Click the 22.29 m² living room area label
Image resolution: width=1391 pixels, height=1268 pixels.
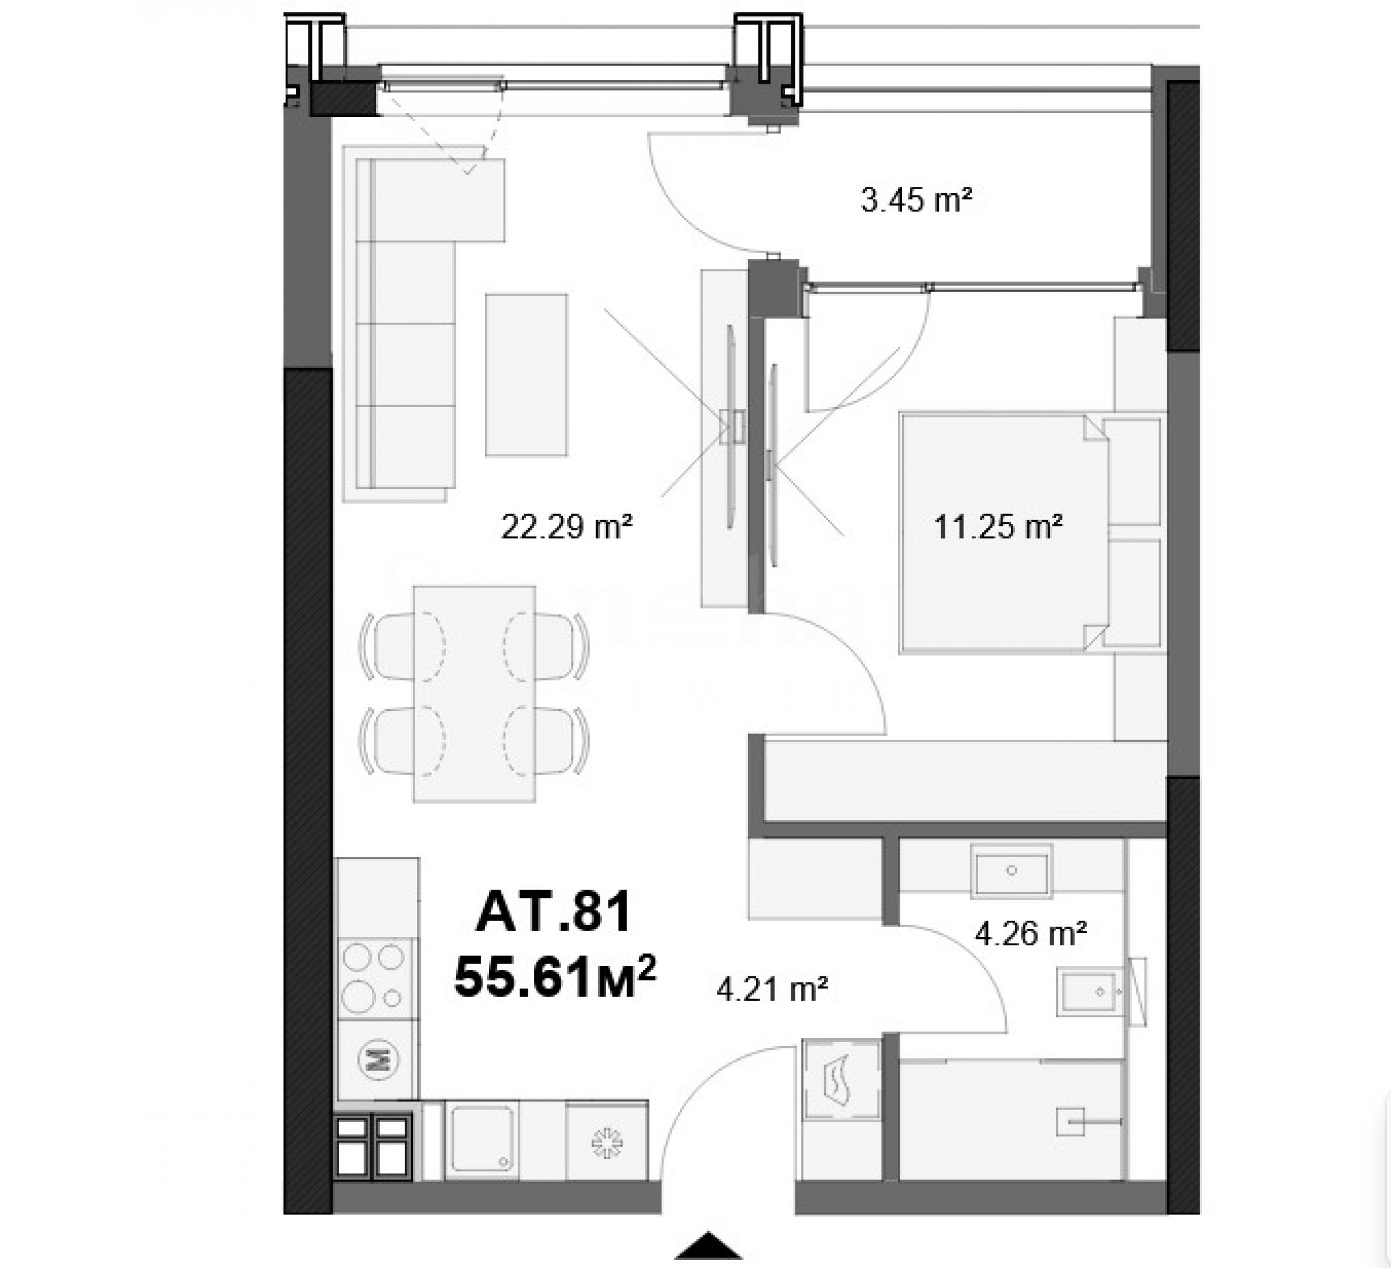pyautogui.click(x=566, y=527)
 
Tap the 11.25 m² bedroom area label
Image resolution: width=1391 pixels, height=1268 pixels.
pyautogui.click(x=997, y=527)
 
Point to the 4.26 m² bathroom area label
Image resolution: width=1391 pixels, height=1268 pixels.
pyautogui.click(x=1031, y=934)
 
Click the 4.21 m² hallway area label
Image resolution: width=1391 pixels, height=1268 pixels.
pyautogui.click(x=772, y=990)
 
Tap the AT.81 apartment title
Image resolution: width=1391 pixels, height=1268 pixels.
pyautogui.click(x=553, y=911)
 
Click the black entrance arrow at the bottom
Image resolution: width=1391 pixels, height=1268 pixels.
pyautogui.click(x=708, y=1245)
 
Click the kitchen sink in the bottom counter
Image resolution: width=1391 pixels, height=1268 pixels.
pyautogui.click(x=480, y=1139)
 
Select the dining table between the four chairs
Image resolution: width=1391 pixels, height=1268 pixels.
pyautogui.click(x=474, y=694)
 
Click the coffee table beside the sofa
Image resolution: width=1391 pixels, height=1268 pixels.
pyautogui.click(x=527, y=375)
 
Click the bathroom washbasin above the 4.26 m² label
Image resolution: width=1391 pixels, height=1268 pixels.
pyautogui.click(x=1011, y=871)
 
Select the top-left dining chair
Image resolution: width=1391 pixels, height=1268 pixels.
pyautogui.click(x=387, y=646)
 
